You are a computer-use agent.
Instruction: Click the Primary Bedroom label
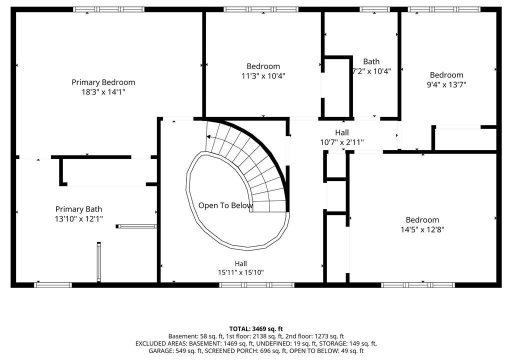[103, 82]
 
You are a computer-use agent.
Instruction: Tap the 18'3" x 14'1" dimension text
[103, 92]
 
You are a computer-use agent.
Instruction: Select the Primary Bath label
[78, 209]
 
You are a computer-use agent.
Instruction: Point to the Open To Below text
[225, 205]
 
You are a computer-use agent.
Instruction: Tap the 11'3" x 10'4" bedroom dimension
[263, 76]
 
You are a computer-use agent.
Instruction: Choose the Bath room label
[371, 61]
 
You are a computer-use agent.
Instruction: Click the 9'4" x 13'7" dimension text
[446, 84]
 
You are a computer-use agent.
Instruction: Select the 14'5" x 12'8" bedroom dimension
[422, 229]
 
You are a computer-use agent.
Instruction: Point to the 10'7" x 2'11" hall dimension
[342, 142]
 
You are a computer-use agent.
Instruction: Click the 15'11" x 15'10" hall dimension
[240, 272]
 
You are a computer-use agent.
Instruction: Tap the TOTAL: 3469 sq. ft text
[256, 329]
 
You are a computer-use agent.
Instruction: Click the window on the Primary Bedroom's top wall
[108, 9]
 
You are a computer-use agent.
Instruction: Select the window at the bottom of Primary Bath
[53, 285]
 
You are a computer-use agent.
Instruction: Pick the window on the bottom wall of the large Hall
[256, 285]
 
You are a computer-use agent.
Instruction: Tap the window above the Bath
[374, 9]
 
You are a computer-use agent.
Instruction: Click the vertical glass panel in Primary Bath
[98, 262]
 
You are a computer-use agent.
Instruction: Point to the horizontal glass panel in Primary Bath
[136, 226]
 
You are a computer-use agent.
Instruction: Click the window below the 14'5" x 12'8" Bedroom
[418, 285]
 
